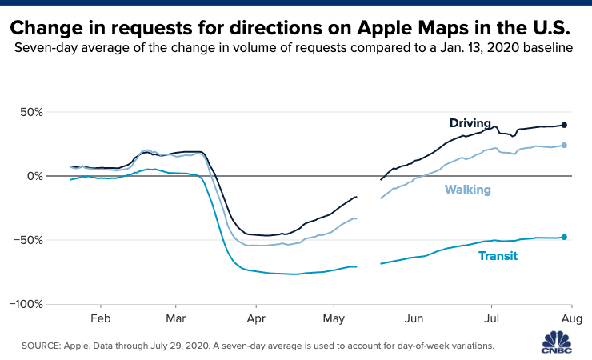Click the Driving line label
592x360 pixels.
pyautogui.click(x=470, y=123)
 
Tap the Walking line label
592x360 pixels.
pyautogui.click(x=468, y=190)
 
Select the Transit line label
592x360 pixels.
pyautogui.click(x=498, y=256)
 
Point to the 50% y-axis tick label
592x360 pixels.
pyautogui.click(x=29, y=111)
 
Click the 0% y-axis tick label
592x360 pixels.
pyautogui.click(x=34, y=175)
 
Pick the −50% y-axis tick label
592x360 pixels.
pyautogui.click(x=26, y=240)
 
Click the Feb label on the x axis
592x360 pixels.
pyautogui.click(x=101, y=319)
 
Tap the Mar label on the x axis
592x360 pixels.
pyautogui.click(x=176, y=319)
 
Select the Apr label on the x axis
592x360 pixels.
pyautogui.click(x=255, y=319)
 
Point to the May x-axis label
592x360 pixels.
pyautogui.click(x=333, y=319)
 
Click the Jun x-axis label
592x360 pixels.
pyautogui.click(x=413, y=319)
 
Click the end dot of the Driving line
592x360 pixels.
pyautogui.click(x=564, y=125)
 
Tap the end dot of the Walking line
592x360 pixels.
pyautogui.click(x=564, y=146)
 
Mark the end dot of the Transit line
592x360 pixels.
pyautogui.click(x=564, y=237)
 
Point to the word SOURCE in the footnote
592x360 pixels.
pyautogui.click(x=39, y=346)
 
